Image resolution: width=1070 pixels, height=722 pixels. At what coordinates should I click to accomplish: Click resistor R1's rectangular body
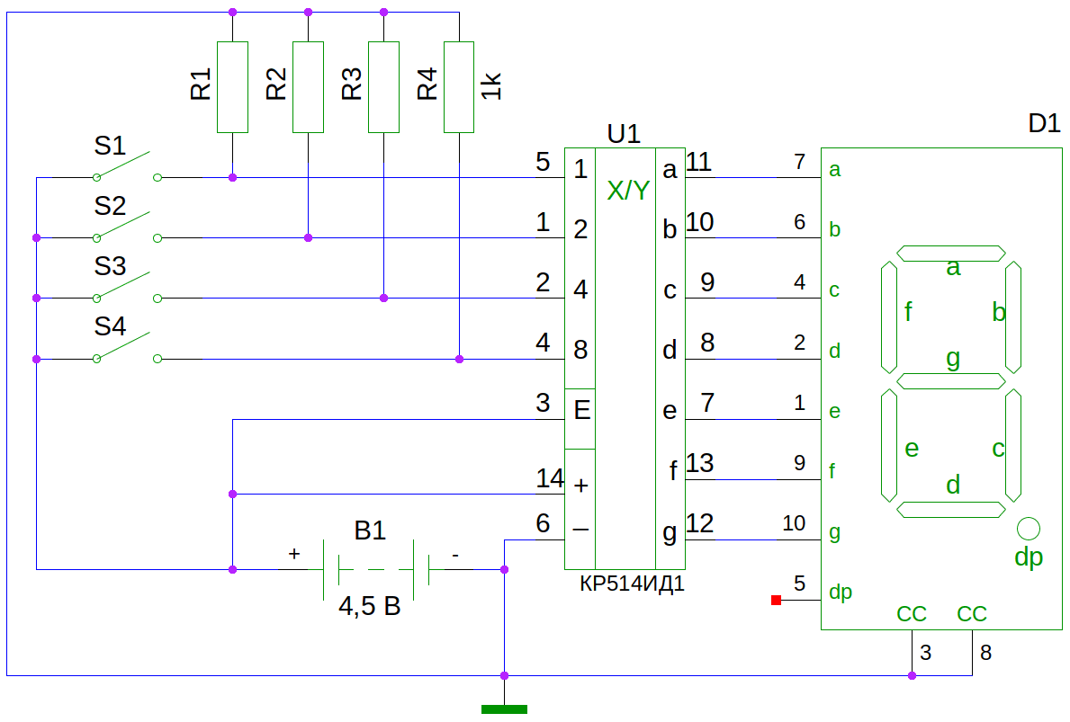(x=233, y=87)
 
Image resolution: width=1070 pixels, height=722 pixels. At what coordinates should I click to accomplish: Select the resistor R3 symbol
(x=384, y=87)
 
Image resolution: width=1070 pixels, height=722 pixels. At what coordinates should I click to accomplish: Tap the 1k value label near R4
(x=491, y=86)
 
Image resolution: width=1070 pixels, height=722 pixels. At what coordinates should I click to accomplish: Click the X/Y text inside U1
(x=627, y=191)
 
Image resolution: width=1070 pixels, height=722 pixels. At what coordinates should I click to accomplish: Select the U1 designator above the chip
(x=624, y=135)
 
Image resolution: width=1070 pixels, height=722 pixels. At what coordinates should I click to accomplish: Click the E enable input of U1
(x=581, y=411)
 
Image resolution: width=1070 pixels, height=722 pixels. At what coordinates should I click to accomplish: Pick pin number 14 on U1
(x=549, y=478)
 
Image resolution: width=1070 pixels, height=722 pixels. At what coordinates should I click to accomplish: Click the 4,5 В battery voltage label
(x=369, y=606)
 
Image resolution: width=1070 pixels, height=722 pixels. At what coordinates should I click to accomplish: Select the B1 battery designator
(x=370, y=530)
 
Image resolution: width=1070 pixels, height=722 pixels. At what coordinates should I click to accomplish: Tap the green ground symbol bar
(x=504, y=709)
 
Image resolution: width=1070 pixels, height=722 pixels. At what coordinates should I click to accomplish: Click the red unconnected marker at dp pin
(x=776, y=600)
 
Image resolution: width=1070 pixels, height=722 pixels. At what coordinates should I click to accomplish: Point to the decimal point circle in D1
(x=1029, y=527)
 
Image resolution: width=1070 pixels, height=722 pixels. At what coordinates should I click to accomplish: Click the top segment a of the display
(x=950, y=254)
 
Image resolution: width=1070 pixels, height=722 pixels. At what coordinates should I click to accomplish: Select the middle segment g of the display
(x=950, y=380)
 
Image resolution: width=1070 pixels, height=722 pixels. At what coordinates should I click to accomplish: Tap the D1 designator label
(x=1044, y=124)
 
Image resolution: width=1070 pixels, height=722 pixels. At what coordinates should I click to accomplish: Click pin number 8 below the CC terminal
(x=986, y=653)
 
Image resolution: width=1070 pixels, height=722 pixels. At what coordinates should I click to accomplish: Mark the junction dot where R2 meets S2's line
(x=309, y=238)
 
